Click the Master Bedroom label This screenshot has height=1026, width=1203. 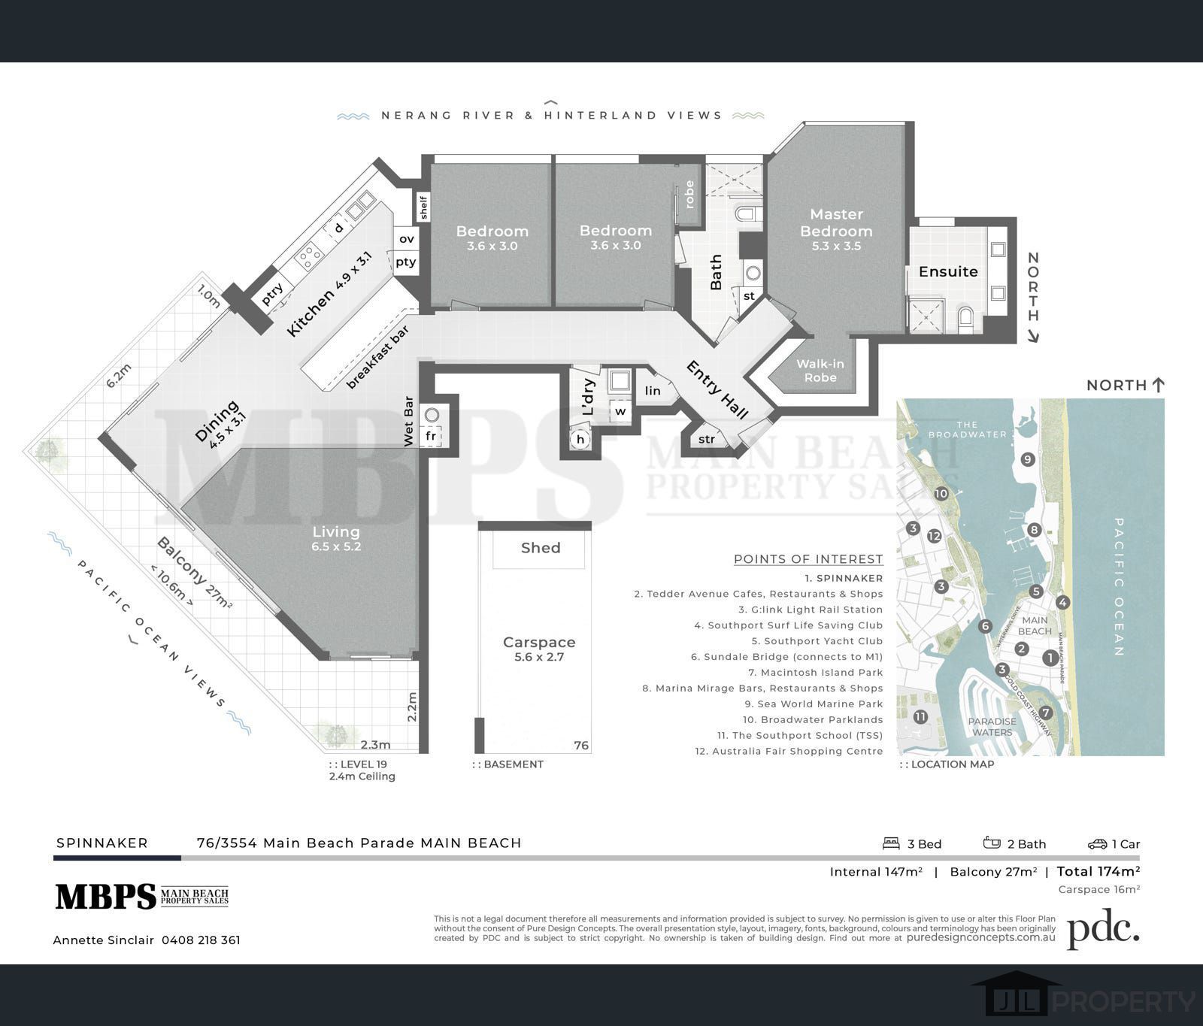836,222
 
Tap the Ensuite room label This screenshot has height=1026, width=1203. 948,271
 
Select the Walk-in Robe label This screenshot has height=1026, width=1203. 820,371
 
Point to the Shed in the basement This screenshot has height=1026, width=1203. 541,548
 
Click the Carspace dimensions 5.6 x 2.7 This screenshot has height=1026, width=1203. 539,657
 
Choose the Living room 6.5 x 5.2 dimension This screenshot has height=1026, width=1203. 336,546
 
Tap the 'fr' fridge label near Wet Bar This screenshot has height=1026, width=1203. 431,436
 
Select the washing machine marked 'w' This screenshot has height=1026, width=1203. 620,412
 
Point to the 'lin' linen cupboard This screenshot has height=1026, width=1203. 653,390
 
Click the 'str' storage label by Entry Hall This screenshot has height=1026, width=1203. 707,440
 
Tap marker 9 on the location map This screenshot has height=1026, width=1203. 1028,459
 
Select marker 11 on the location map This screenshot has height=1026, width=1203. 920,716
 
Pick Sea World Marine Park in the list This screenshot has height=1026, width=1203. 814,704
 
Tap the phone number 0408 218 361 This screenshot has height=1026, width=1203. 201,940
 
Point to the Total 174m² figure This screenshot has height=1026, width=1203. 1098,871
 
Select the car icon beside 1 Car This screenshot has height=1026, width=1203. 1097,844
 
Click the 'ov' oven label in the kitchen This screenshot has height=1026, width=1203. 407,239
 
